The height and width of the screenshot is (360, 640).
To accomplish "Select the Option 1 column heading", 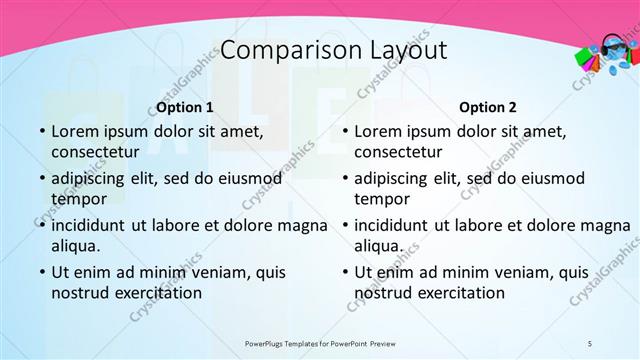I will (x=185, y=107).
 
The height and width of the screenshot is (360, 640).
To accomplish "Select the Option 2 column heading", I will (x=488, y=107).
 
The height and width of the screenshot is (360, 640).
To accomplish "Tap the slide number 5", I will (x=590, y=343).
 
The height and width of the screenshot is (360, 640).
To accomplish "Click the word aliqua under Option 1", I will (x=74, y=246).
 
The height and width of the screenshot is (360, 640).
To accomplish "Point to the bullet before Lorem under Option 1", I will (x=42, y=131).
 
